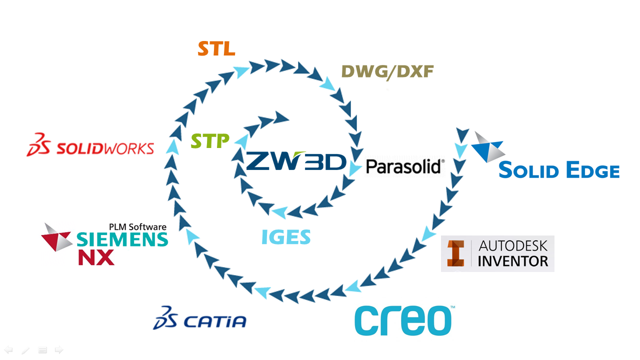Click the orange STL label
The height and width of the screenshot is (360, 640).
216,49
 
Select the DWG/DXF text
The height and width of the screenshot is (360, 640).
387,72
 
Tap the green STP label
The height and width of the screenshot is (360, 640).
210,141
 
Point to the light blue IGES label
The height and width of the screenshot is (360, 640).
286,237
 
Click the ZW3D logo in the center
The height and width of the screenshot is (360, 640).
296,161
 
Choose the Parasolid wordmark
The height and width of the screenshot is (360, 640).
405,166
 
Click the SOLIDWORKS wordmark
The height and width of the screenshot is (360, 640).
105,148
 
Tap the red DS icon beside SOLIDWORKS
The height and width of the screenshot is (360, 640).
39,144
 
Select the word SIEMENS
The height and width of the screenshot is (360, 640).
122,239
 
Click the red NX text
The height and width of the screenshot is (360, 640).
96,257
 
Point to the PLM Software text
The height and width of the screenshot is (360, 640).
137,226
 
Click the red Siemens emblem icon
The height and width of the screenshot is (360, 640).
57,237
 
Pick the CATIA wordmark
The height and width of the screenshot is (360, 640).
215,320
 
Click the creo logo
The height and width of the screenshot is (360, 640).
403,320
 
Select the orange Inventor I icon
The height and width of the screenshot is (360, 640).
456,253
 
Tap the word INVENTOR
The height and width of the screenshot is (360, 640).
513,260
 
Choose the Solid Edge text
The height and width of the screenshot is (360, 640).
559,170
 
